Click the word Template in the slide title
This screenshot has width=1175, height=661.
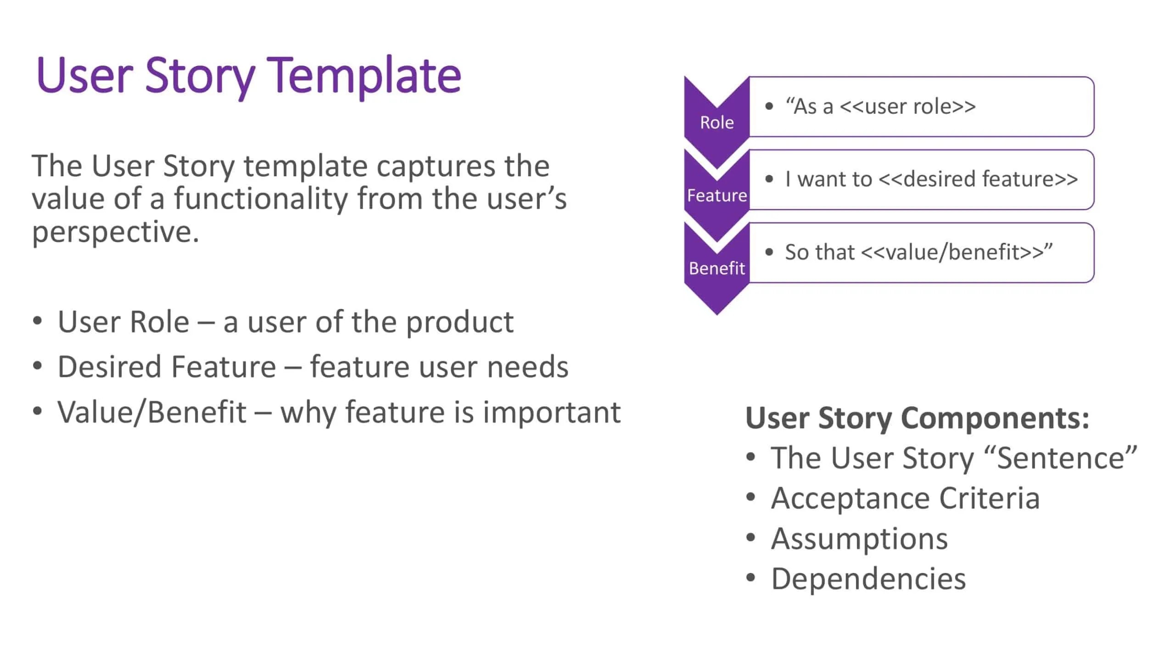click(x=364, y=76)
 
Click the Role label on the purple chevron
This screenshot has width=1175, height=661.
click(x=716, y=123)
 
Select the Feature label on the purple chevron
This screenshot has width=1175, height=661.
click(x=717, y=196)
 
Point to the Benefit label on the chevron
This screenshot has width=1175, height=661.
click(x=717, y=268)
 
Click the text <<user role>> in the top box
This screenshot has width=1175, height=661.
click(x=907, y=106)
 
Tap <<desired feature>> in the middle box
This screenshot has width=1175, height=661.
click(x=978, y=179)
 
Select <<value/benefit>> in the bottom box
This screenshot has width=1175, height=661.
click(x=952, y=252)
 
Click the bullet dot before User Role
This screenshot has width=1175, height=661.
click(x=38, y=320)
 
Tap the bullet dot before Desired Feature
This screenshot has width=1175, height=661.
click(x=38, y=366)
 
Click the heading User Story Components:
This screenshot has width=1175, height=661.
click(x=917, y=418)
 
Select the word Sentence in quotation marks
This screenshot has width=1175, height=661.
click(x=1061, y=458)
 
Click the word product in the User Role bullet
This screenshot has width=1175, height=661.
click(x=460, y=323)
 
